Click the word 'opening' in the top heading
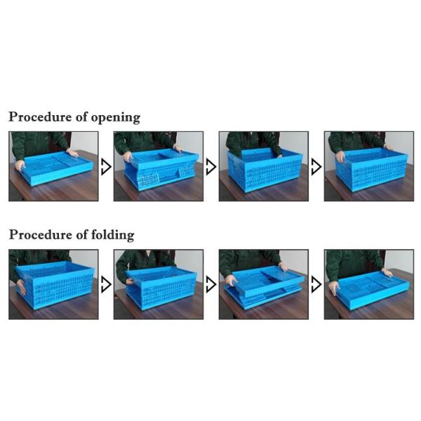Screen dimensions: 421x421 [x=116, y=118]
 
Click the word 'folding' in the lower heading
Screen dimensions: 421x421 [x=113, y=236]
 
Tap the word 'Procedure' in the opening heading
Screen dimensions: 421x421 [x=40, y=116]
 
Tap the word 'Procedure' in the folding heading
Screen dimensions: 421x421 [x=40, y=234]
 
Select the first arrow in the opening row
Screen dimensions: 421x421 [x=106, y=167]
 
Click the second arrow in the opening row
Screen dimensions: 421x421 [x=211, y=167]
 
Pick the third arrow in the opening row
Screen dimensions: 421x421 [x=316, y=167]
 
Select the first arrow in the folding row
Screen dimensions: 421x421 [x=106, y=285]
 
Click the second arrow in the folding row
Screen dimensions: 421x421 [x=211, y=285]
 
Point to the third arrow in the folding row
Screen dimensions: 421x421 [x=316, y=285]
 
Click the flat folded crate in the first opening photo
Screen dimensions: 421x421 [x=56, y=168]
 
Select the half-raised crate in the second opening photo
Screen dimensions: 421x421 [x=161, y=170]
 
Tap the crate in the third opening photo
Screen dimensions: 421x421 [x=265, y=170]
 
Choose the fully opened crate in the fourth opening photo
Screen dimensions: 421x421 [x=372, y=170]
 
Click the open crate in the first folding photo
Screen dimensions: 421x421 [x=55, y=285]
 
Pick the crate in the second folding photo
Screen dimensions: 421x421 [x=161, y=287]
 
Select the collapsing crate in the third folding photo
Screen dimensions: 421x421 [x=265, y=287]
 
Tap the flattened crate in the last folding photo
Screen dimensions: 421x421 [x=373, y=290]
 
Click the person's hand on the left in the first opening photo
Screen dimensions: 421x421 [x=20, y=166]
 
